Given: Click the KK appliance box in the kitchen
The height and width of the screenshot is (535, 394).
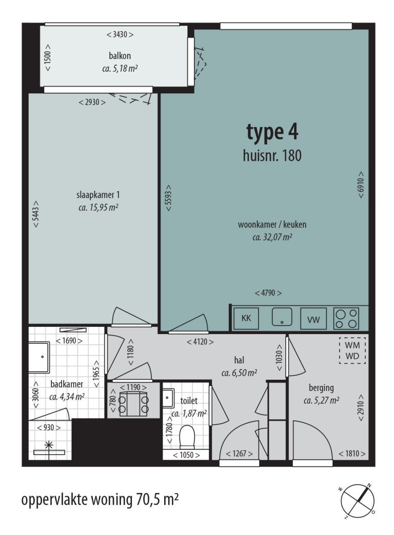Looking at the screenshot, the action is (246, 318).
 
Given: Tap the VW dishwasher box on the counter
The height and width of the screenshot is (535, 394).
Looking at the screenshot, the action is (313, 319).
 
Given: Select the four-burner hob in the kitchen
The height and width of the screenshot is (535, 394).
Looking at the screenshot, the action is (346, 319).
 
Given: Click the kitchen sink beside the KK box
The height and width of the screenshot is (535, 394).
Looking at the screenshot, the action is (282, 317).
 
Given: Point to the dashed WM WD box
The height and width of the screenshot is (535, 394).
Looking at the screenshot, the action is (352, 351).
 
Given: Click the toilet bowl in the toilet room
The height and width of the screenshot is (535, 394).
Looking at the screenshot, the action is (187, 437).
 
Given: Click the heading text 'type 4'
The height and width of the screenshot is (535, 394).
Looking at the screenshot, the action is (272, 132).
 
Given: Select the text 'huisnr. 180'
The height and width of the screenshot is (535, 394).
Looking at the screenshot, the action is (272, 156).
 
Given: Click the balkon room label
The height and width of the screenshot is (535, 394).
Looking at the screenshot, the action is (120, 56).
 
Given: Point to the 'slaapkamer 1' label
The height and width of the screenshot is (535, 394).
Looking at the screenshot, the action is (98, 195).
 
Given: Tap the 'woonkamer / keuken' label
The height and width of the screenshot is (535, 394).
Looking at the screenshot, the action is (272, 224).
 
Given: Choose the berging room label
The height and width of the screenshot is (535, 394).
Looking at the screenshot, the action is (321, 388).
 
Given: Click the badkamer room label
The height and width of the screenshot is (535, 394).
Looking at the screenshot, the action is (67, 384).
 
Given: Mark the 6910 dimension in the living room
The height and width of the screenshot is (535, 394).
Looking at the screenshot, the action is (361, 184).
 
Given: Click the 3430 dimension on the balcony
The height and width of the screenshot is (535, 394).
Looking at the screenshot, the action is (120, 34).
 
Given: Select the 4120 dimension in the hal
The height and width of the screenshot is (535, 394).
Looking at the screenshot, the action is (200, 341).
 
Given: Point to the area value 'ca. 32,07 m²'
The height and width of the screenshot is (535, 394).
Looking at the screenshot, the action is (272, 237).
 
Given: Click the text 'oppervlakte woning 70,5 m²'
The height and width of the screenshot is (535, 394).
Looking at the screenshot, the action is (100, 500).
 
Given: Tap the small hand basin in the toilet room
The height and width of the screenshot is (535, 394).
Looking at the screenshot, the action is (168, 398).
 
